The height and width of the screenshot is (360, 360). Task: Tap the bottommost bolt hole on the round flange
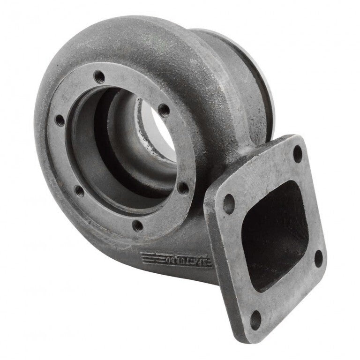pyautogui.click(x=137, y=226)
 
